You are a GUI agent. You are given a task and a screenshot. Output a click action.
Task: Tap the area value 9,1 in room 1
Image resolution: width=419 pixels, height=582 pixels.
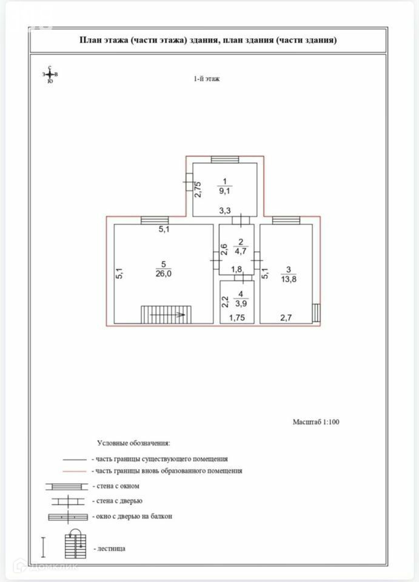pos(224,190)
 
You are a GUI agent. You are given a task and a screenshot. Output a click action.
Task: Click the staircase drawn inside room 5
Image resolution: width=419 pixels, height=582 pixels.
pos(166,315)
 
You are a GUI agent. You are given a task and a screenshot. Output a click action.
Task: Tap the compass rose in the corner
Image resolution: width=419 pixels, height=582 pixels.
pos(50,74)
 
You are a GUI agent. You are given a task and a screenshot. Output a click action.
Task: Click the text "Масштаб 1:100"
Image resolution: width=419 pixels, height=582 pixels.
pos(316,422)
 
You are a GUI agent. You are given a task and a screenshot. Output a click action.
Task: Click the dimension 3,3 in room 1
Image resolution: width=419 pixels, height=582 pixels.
pos(224,211)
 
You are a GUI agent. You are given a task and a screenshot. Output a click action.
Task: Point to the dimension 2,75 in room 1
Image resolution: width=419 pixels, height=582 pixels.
pos(198,190)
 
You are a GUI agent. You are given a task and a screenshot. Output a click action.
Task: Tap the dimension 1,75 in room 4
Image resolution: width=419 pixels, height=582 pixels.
pos(236,317)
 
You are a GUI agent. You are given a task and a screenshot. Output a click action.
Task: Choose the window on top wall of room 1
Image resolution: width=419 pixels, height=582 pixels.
pos(226,159)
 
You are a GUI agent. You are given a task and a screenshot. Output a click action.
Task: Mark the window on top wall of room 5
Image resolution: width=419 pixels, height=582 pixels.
pos(154,221)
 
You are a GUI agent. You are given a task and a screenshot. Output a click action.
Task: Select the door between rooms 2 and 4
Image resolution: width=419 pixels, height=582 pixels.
pos(243,278)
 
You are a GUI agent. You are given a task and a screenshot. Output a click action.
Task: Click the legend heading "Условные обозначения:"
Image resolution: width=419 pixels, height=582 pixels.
pos(133,443)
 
